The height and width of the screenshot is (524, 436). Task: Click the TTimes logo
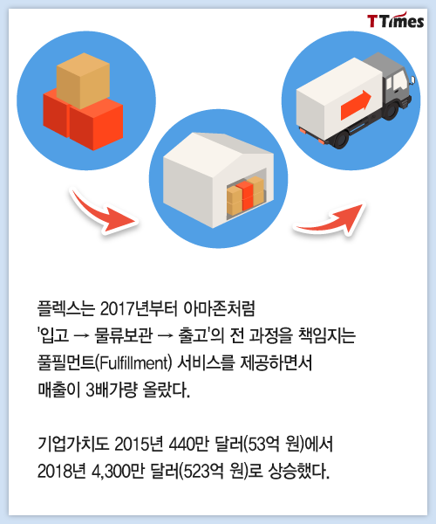395,21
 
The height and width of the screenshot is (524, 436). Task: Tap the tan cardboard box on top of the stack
83,80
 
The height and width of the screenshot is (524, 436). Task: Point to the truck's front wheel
390,111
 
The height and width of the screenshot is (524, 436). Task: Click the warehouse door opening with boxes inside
246,195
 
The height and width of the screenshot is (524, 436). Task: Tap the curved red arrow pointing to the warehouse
103,211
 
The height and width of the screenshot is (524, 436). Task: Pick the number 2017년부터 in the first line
137,309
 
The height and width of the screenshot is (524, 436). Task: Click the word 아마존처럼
219,309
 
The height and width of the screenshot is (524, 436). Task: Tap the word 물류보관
124,336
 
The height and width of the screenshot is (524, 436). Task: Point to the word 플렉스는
66,309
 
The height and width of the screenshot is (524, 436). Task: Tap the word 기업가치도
73,445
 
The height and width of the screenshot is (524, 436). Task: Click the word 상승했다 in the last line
299,472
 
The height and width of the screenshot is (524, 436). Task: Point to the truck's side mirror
412,79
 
